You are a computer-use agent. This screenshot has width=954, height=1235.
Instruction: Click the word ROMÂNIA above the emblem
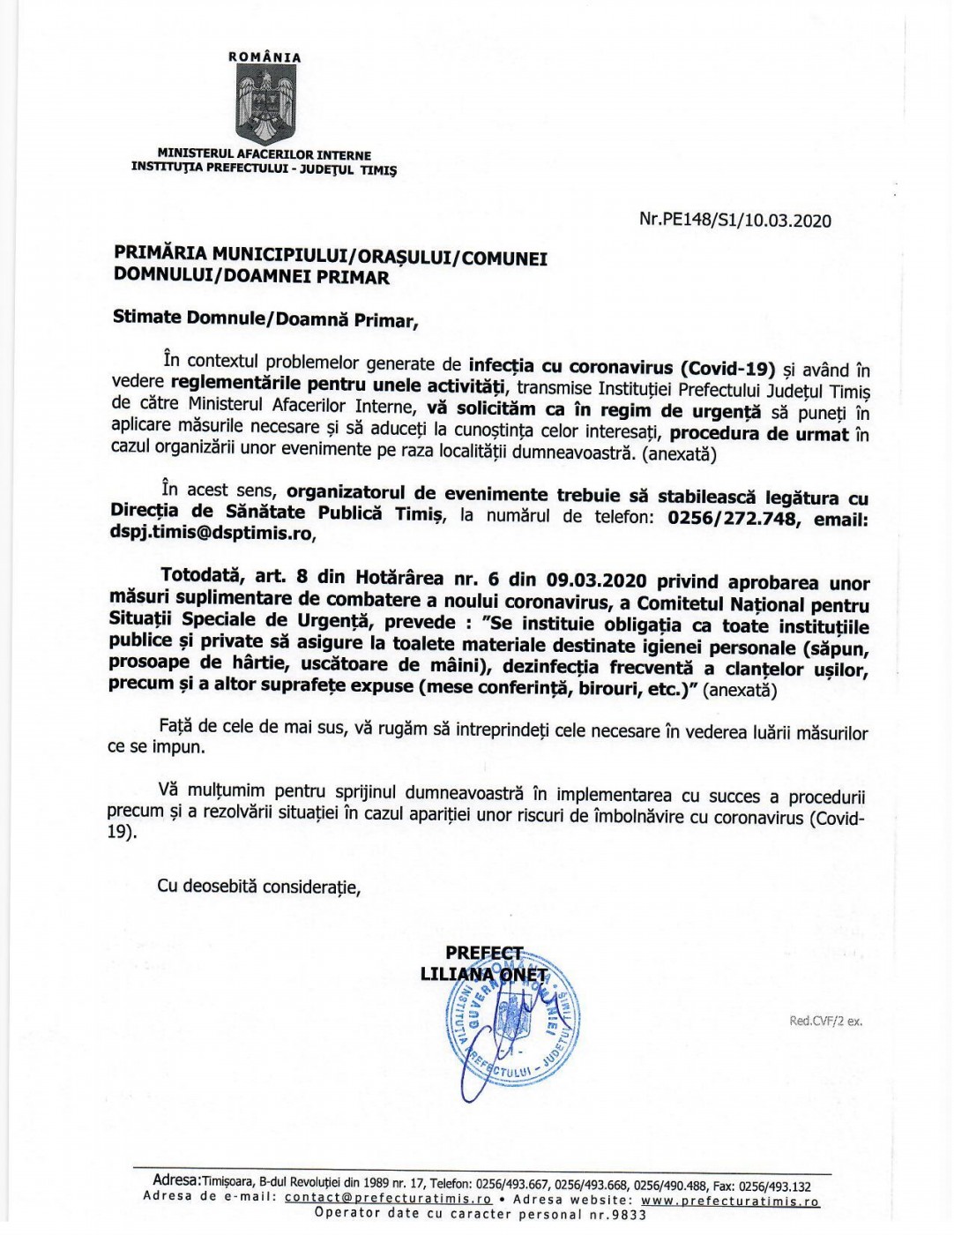pyautogui.click(x=265, y=57)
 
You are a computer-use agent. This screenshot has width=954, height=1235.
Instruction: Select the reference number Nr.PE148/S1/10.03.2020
pyautogui.click(x=734, y=220)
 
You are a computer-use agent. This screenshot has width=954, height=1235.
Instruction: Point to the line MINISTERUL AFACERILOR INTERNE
pyautogui.click(x=265, y=154)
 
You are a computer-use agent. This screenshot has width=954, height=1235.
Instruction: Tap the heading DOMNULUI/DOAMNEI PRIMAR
pyautogui.click(x=251, y=277)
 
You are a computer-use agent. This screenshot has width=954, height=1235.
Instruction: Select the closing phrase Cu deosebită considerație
pyautogui.click(x=259, y=887)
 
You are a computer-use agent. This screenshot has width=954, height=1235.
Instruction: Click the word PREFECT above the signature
pyautogui.click(x=484, y=954)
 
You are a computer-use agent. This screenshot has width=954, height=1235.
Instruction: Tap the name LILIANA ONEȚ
pyautogui.click(x=484, y=975)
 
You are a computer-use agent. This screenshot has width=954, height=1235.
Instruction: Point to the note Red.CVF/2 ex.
pyautogui.click(x=826, y=1022)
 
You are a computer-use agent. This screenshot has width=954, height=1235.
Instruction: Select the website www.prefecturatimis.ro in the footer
pyautogui.click(x=730, y=1200)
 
